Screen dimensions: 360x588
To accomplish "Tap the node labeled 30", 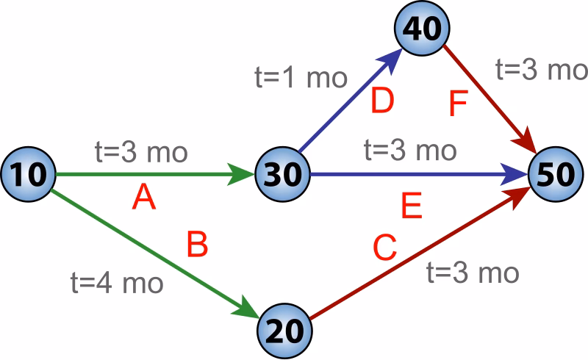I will click(283, 175).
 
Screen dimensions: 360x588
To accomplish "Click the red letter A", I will click(144, 198).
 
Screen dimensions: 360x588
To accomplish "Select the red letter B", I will click(197, 245).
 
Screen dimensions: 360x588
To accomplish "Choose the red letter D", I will click(382, 102).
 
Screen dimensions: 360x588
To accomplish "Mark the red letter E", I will click(412, 208).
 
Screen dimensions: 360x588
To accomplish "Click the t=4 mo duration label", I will click(116, 282).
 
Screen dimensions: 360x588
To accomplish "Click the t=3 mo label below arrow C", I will click(473, 273).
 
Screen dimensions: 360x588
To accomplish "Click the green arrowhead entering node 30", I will click(243, 175).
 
